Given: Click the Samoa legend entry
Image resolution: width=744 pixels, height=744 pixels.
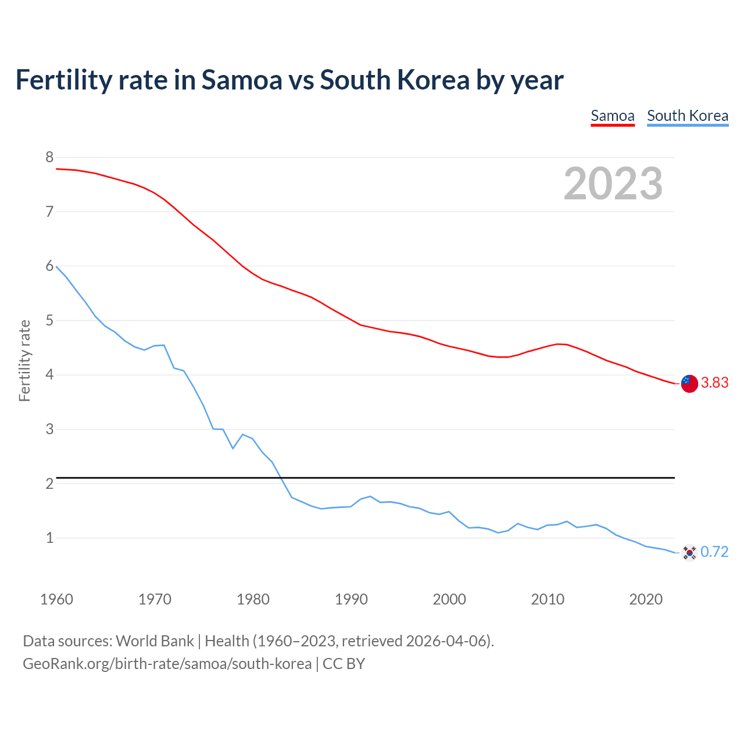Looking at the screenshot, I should tap(612, 116).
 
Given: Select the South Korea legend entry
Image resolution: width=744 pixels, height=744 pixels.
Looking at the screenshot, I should tap(687, 116).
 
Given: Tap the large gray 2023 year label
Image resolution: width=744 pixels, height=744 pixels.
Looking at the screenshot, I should tap(613, 184).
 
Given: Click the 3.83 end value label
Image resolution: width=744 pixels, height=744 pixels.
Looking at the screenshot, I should tap(714, 383).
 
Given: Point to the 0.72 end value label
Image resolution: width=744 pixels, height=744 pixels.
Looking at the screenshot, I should tap(714, 552).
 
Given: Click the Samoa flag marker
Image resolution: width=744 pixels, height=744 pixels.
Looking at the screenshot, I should tap(689, 384).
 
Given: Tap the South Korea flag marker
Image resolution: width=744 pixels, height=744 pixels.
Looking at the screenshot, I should tap(689, 552).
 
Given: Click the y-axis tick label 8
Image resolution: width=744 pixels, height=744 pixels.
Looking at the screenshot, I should tap(49, 157).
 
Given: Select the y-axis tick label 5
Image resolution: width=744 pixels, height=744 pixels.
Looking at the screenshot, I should tap(49, 320).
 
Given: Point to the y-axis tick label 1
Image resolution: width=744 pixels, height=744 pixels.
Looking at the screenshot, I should tap(49, 538).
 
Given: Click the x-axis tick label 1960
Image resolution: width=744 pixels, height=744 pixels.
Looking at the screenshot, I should tap(56, 599).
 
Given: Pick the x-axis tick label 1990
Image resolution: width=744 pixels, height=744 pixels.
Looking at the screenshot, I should tap(351, 599).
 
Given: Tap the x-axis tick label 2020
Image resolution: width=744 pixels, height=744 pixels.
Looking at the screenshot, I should tap(646, 599).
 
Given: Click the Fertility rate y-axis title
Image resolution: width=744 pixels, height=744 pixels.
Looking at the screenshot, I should tap(24, 360).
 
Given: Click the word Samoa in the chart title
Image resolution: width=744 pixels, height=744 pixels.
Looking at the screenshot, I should tap(241, 80).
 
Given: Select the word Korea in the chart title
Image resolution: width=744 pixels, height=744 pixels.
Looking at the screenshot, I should tap(433, 80).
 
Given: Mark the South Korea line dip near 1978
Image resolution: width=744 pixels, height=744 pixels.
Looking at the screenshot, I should tap(233, 448).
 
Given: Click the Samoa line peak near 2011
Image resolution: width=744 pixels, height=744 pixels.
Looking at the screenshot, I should tap(557, 344).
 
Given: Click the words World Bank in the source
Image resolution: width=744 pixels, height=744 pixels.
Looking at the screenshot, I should tap(155, 641).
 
